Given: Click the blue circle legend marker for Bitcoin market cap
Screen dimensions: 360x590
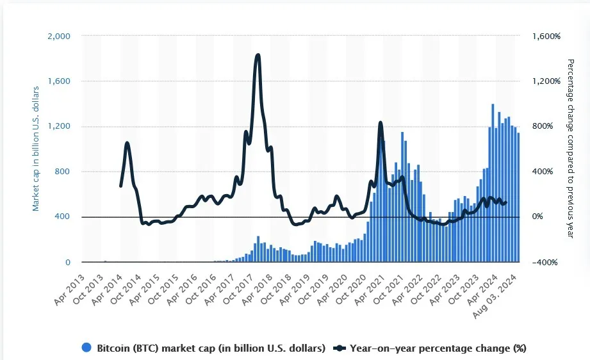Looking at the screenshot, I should (87, 348).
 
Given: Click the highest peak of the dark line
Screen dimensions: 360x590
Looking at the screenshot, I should (258, 56).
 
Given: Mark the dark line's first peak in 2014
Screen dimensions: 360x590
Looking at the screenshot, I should (127, 143).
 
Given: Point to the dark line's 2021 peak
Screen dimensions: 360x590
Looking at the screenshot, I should (381, 122).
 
